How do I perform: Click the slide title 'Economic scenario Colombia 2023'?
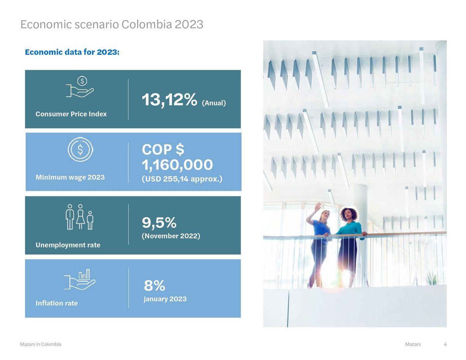111,24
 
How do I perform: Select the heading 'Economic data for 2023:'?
72,52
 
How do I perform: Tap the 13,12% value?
169,100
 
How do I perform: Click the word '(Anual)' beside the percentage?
214,103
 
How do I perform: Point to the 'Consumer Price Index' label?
71,114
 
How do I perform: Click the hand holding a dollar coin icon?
80,87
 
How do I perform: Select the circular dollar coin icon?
80,149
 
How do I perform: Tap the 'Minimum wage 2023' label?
70,177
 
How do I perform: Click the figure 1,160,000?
177,165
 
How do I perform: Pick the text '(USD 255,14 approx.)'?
182,179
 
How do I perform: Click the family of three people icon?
79,217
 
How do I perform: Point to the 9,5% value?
159,223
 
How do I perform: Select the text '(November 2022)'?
171,236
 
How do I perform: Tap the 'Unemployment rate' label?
68,245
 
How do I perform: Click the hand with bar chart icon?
80,279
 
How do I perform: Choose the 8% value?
155,286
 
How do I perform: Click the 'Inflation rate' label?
57,303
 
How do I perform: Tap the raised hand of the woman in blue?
317,207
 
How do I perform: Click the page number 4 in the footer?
445,344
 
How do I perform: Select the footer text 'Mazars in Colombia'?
40,344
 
